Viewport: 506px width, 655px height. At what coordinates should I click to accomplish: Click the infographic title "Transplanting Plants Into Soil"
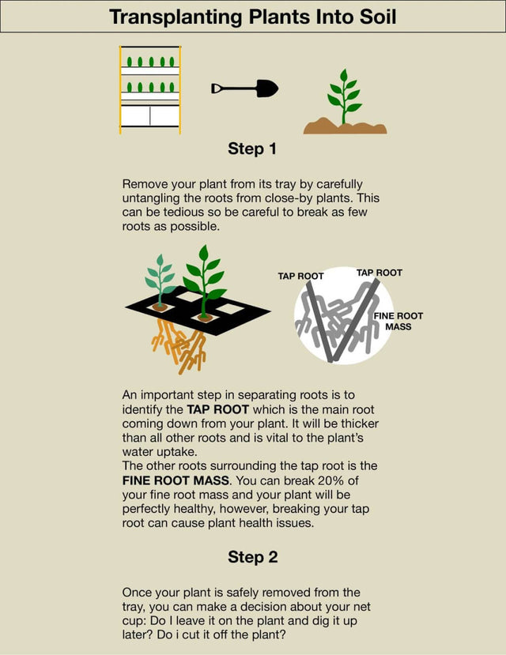[x=253, y=17]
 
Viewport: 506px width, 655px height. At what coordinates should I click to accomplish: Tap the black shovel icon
[x=245, y=88]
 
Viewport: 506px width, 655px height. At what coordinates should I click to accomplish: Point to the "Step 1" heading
[x=252, y=149]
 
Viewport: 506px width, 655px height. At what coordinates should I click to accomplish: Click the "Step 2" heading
[x=252, y=556]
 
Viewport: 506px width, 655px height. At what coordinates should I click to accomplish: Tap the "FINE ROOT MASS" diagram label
[x=398, y=321]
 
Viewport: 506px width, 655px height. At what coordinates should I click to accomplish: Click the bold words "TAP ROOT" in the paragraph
[x=217, y=409]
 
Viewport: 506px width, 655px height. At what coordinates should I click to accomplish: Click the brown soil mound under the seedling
[x=345, y=126]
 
